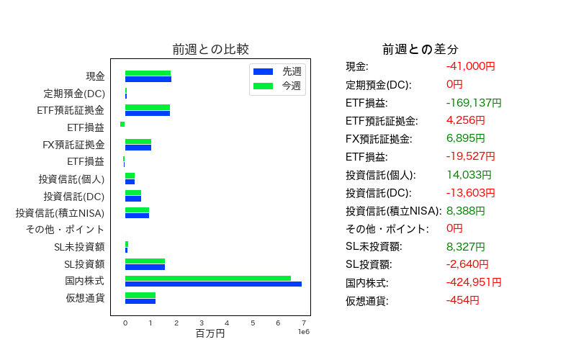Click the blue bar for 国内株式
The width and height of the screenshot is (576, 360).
[213, 284]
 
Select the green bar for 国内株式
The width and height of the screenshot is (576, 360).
[208, 279]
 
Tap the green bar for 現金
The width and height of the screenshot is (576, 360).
[148, 73]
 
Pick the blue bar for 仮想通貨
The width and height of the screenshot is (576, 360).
[140, 301]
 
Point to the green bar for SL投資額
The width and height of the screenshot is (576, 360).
[145, 261]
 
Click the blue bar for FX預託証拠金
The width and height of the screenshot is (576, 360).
[138, 148]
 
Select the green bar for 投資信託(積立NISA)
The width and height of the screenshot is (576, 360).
[137, 210]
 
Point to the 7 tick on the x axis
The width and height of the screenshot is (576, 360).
[304, 323]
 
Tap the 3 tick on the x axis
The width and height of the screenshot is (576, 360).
[202, 323]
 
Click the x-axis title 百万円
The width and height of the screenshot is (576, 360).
[210, 333]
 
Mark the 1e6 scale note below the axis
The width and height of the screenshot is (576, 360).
[304, 332]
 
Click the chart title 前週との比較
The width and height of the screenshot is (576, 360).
[211, 49]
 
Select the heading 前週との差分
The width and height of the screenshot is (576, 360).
[420, 49]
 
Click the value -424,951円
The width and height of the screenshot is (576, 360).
[474, 282]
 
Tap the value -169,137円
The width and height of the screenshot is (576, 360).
[474, 102]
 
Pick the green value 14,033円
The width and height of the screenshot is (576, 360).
[469, 174]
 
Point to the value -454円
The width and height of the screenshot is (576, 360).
[463, 300]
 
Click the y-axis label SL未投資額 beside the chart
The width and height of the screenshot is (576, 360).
[79, 247]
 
